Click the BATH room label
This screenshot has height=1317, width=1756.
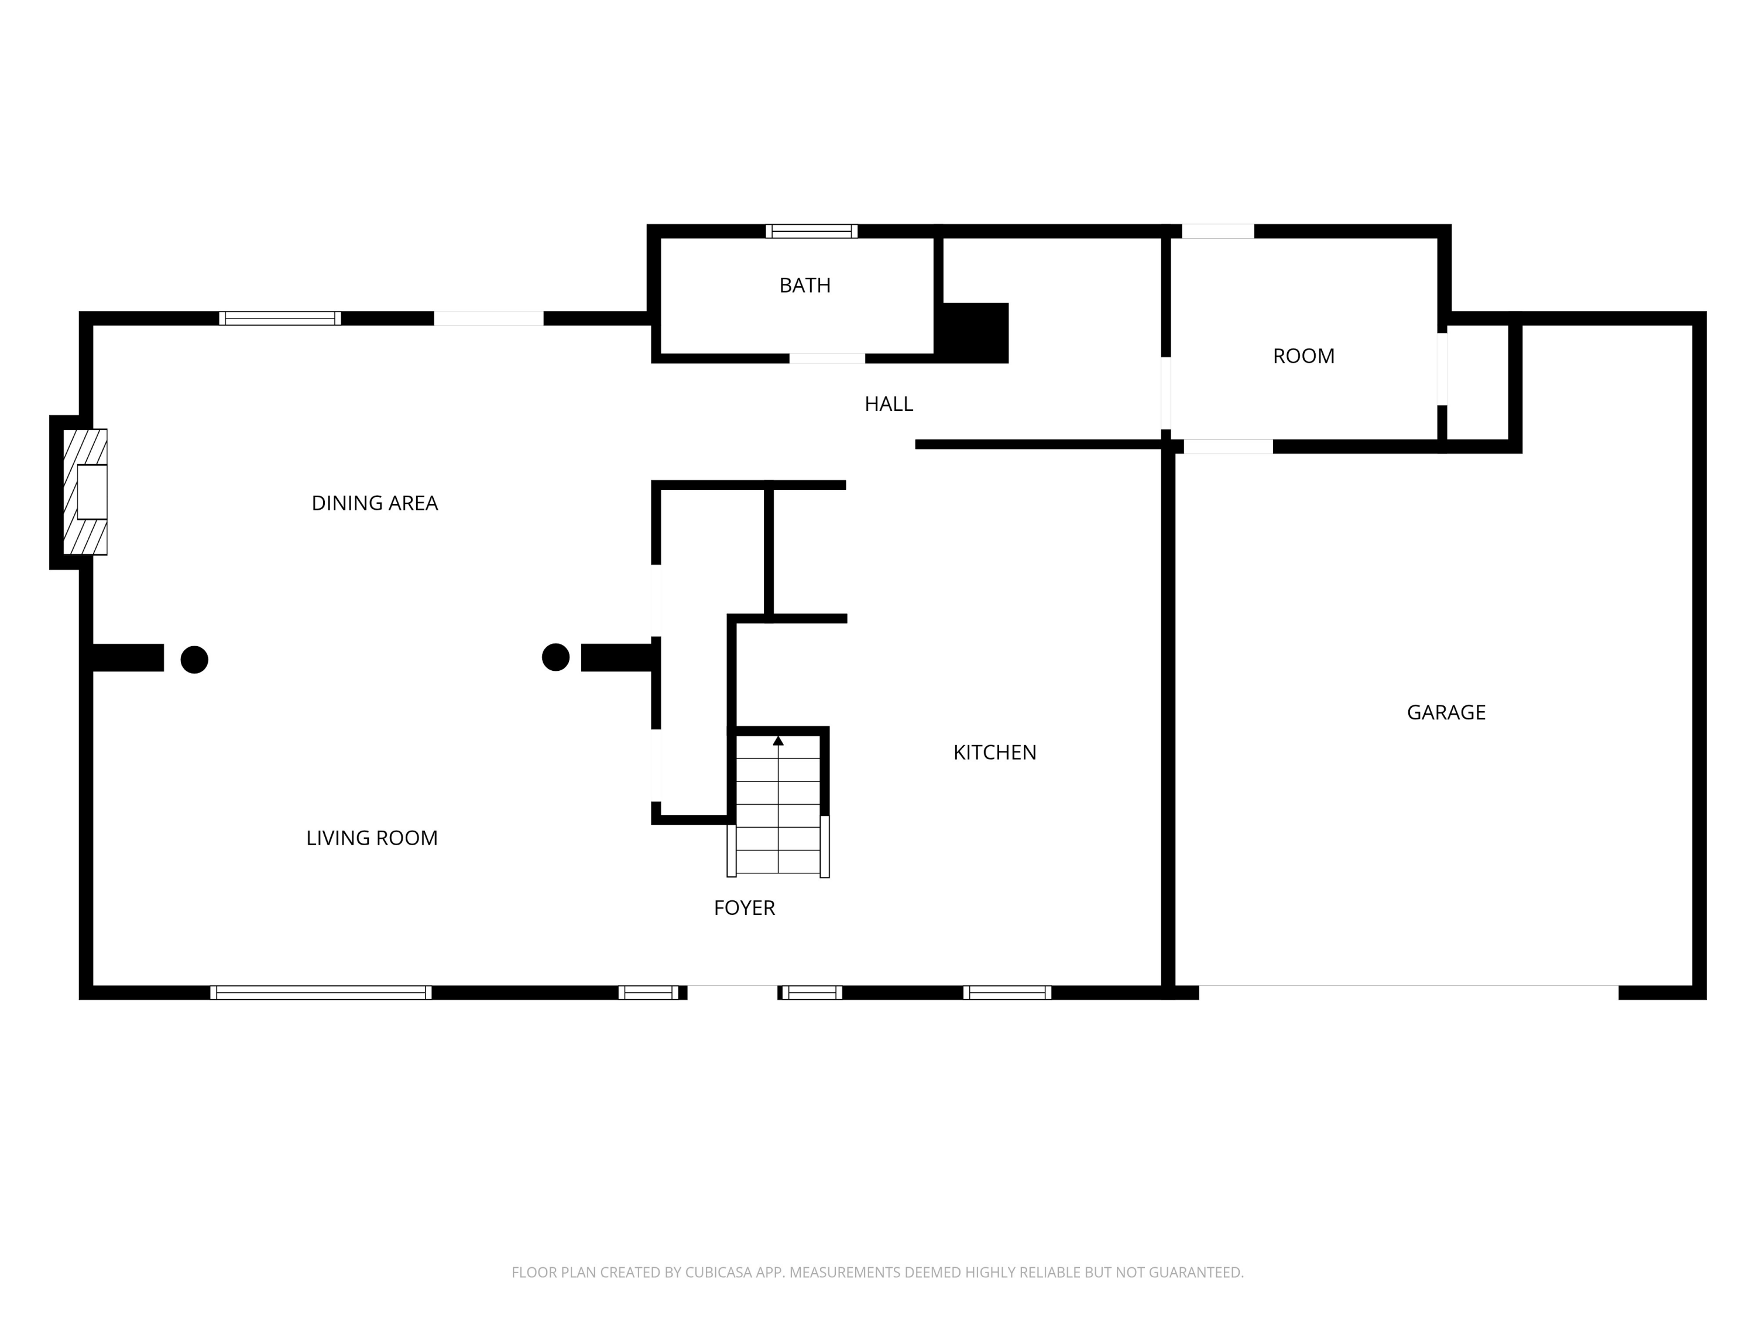pyautogui.click(x=804, y=286)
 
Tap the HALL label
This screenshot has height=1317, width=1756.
pyautogui.click(x=889, y=404)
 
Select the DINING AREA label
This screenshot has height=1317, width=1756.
pyautogui.click(x=374, y=503)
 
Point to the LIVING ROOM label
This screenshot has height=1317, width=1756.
pyautogui.click(x=372, y=838)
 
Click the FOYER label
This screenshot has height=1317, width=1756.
pyautogui.click(x=744, y=908)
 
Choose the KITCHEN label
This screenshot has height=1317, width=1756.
pyautogui.click(x=994, y=753)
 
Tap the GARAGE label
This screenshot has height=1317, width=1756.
pyautogui.click(x=1446, y=713)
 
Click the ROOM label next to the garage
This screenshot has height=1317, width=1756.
pyautogui.click(x=1303, y=356)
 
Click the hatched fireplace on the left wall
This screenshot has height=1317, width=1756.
pyautogui.click(x=85, y=492)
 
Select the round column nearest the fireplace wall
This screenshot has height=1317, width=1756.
pyautogui.click(x=194, y=660)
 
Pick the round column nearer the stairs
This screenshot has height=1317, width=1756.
pyautogui.click(x=555, y=657)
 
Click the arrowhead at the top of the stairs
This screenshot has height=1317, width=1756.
pyautogui.click(x=778, y=740)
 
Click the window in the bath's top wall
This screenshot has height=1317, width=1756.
pyautogui.click(x=811, y=231)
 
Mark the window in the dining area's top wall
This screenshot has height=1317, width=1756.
pyautogui.click(x=279, y=318)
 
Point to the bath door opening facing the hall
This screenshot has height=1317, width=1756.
pyautogui.click(x=826, y=359)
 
